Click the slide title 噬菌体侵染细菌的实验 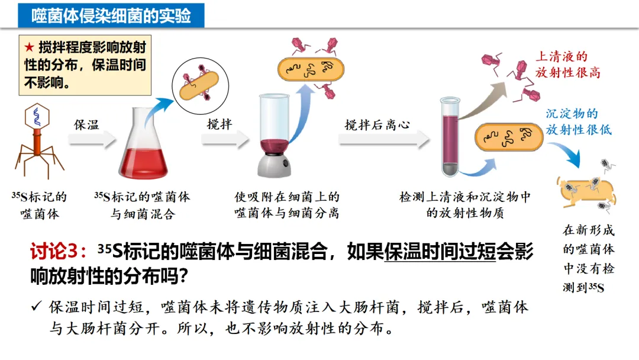(111, 15)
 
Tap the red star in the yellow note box (29, 47)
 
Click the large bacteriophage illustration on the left (38, 139)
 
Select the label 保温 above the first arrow (86, 125)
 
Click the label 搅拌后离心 (377, 125)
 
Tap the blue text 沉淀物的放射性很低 (578, 121)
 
